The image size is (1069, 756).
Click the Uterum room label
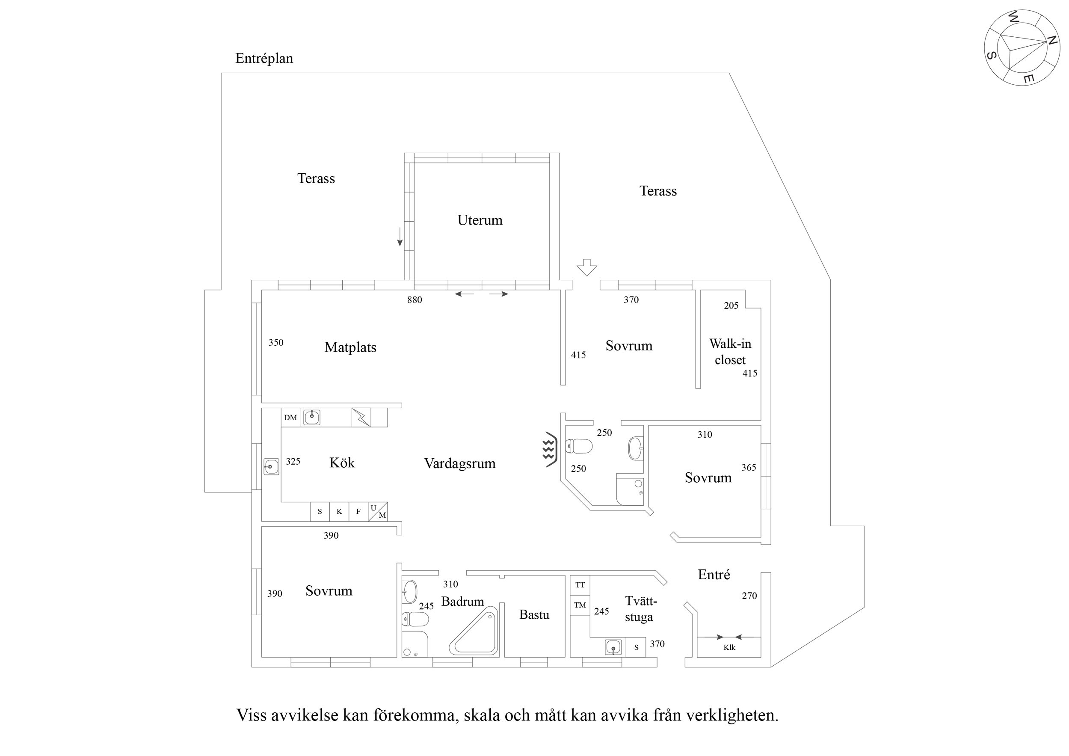point(480,220)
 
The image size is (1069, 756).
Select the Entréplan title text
point(264,58)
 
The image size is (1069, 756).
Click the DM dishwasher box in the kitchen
point(290,417)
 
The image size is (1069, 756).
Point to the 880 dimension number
point(415,300)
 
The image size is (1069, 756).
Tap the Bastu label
point(534,615)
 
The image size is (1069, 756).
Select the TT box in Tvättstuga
point(580,585)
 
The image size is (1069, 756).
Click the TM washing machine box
point(580,605)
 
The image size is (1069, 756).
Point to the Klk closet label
point(729,647)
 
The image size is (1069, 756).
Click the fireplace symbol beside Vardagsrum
point(550,449)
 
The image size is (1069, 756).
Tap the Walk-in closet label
point(730,352)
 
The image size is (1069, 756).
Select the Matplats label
point(350,347)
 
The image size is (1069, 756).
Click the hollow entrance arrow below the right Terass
point(586,267)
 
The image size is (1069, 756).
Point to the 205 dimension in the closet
point(731,305)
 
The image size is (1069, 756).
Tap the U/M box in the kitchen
point(378,511)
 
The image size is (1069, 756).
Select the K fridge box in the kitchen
point(339,511)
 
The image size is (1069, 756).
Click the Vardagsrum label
point(459,463)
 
